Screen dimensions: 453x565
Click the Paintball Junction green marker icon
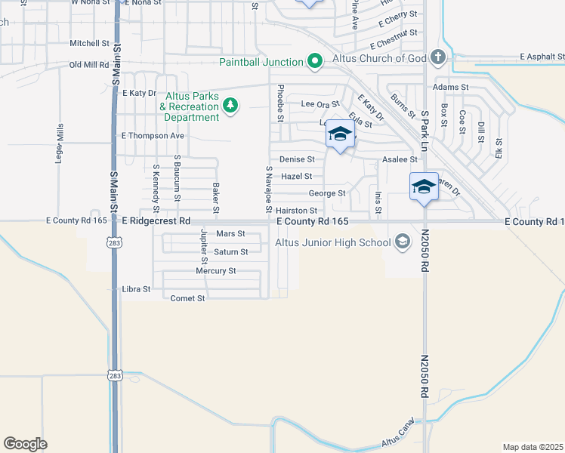click(315, 61)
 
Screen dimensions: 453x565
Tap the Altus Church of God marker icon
click(437, 57)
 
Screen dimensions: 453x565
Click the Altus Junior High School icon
click(402, 242)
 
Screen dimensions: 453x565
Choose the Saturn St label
click(230, 252)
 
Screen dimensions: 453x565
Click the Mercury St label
click(216, 270)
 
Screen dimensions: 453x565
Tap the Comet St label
click(188, 298)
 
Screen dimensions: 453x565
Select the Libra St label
click(136, 289)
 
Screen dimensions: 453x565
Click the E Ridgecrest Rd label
click(156, 221)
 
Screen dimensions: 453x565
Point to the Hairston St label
click(296, 211)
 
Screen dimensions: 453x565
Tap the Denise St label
click(297, 159)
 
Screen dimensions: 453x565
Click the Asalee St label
click(400, 159)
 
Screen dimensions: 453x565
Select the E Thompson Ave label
click(153, 136)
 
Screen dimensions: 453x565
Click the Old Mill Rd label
click(89, 65)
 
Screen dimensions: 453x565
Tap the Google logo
click(25, 444)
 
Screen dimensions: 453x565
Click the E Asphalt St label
click(542, 57)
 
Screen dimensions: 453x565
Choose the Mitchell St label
click(90, 44)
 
